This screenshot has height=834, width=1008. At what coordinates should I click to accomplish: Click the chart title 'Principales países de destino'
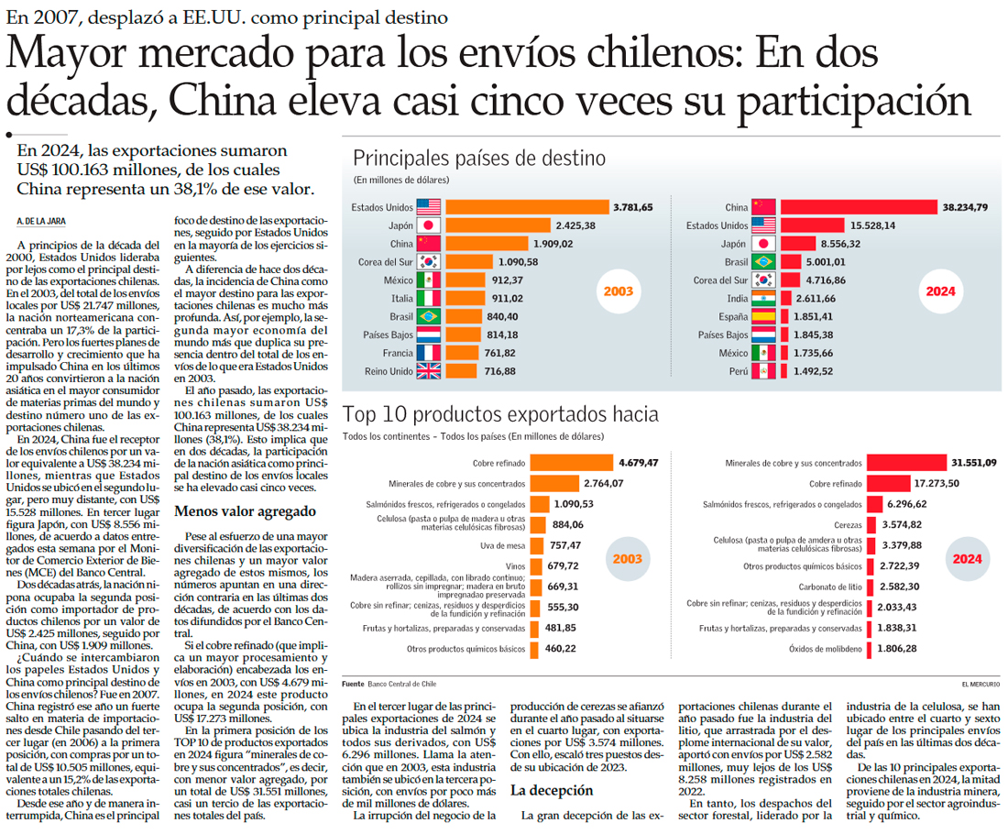[479, 158]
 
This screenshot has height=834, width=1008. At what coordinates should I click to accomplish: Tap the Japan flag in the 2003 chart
[429, 225]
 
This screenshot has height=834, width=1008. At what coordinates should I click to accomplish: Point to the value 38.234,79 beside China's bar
[964, 207]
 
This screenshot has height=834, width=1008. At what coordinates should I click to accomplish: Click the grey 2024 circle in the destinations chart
[940, 291]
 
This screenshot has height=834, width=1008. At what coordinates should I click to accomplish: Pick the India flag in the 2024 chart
[763, 299]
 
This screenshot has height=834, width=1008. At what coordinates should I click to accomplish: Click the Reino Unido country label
[389, 371]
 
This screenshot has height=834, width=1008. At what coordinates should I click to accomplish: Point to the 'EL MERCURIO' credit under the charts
[981, 684]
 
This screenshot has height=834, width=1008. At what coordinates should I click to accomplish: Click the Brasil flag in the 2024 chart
[763, 261]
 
